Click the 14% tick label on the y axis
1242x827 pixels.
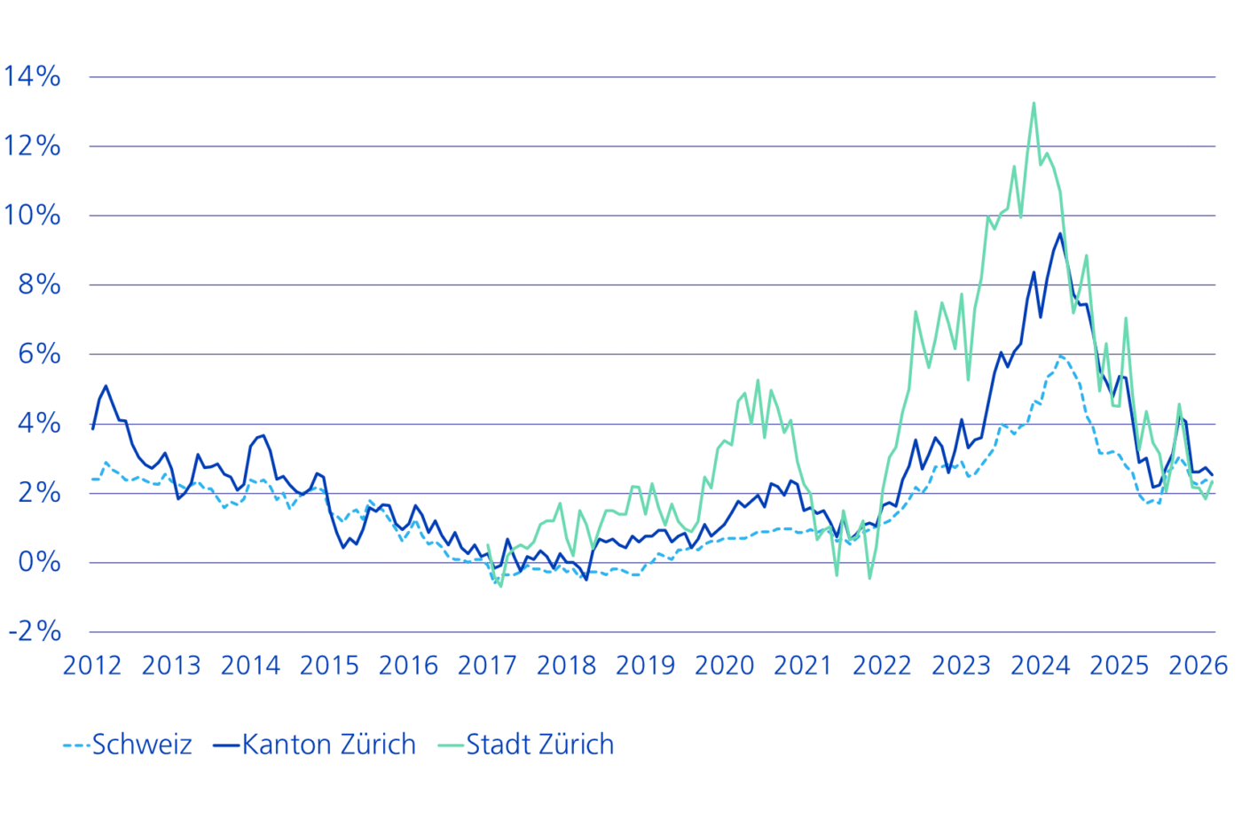pyautogui.click(x=32, y=76)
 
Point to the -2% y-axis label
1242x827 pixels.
pyautogui.click(x=35, y=631)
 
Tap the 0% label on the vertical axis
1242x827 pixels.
pyautogui.click(x=39, y=562)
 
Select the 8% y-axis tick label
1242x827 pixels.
pyautogui.click(x=39, y=285)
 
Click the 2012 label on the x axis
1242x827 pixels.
pyautogui.click(x=92, y=666)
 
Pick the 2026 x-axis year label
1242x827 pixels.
pyautogui.click(x=1199, y=666)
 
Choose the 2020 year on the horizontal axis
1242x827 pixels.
pyautogui.click(x=724, y=666)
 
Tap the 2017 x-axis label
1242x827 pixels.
pyautogui.click(x=487, y=666)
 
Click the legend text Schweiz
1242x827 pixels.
pyautogui.click(x=142, y=744)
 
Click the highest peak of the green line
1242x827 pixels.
pyautogui.click(x=1034, y=103)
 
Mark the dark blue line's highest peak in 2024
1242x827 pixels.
pyautogui.click(x=1060, y=234)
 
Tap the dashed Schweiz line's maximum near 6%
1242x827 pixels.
pyautogui.click(x=1060, y=356)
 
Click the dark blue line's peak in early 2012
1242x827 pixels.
pyautogui.click(x=106, y=386)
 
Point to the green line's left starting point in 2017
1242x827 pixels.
pyautogui.click(x=488, y=545)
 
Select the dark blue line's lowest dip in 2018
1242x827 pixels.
pyautogui.click(x=586, y=580)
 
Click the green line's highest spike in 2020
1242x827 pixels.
pyautogui.click(x=758, y=380)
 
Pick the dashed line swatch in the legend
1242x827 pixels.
pyautogui.click(x=76, y=745)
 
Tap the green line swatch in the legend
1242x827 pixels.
pyautogui.click(x=451, y=745)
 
